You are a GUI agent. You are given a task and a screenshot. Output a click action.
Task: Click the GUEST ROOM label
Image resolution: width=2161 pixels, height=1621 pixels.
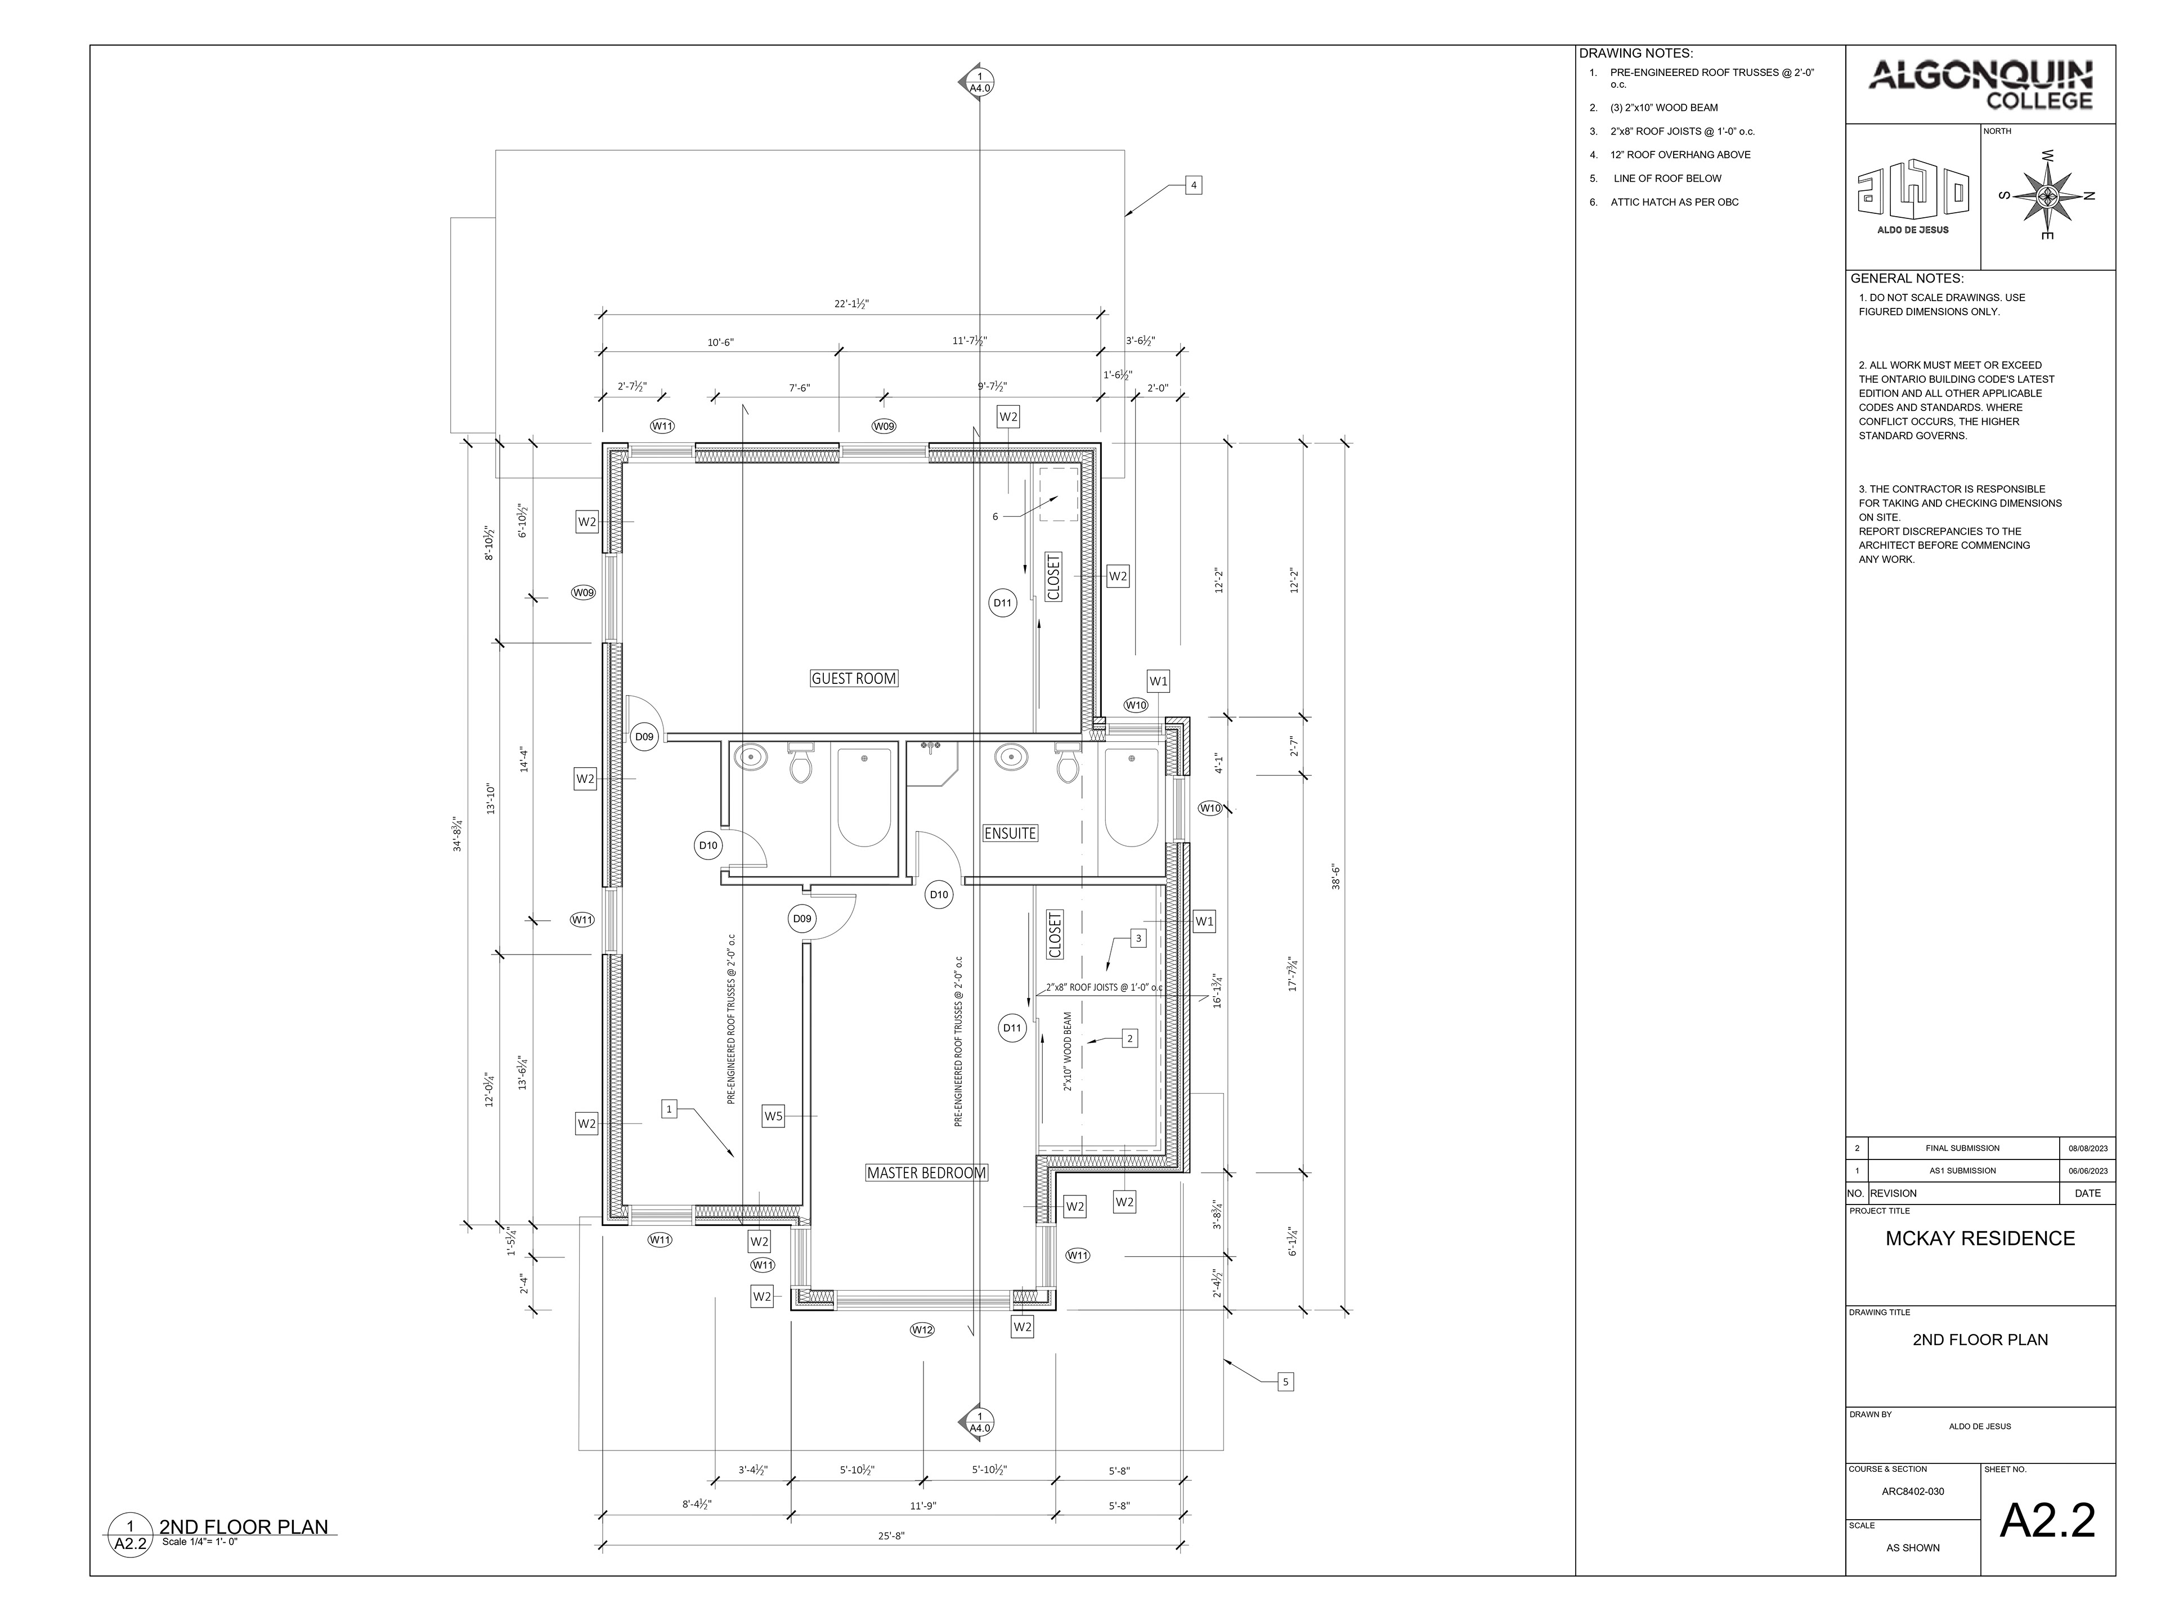coord(853,678)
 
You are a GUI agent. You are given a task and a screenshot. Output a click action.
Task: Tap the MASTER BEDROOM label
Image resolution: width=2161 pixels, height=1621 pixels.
coord(926,1172)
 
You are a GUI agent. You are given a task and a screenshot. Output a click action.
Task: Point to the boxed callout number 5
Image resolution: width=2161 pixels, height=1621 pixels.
coord(1286,1382)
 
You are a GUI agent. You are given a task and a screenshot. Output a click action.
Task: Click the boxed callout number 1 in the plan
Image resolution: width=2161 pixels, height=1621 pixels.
coord(669,1109)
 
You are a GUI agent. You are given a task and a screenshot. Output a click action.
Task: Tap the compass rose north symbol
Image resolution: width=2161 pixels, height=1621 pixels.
coord(2047,195)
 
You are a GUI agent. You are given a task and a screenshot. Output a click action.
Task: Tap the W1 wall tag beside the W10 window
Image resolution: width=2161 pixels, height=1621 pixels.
coord(1158,681)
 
